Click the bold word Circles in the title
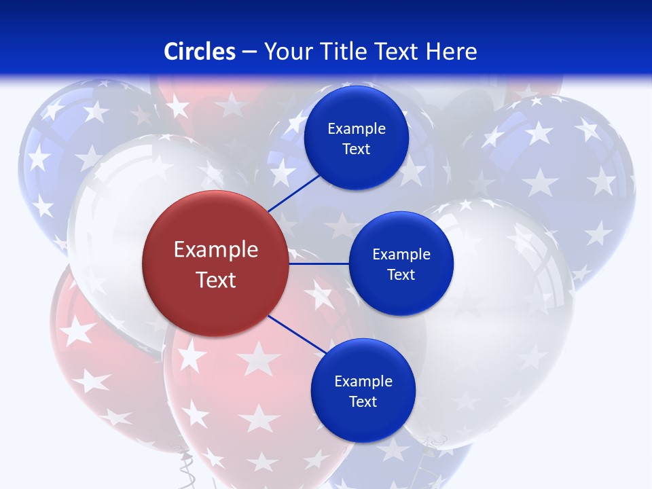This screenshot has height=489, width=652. pos(200,52)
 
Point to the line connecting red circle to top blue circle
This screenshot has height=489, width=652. pos(295,192)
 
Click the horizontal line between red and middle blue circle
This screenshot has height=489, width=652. pos(319,264)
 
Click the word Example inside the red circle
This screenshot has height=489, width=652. pos(216,250)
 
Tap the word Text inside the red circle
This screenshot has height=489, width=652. pos(216,280)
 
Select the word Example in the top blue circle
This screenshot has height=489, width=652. pos(357,129)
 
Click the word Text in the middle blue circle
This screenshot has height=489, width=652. pos(401,274)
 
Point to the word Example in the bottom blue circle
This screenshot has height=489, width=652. pos(363,381)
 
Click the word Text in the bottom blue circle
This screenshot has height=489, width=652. pos(363,401)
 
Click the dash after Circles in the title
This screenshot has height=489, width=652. pos(249,52)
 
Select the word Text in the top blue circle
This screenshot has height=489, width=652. pos(356,149)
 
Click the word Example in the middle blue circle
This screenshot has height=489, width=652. pos(401,254)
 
